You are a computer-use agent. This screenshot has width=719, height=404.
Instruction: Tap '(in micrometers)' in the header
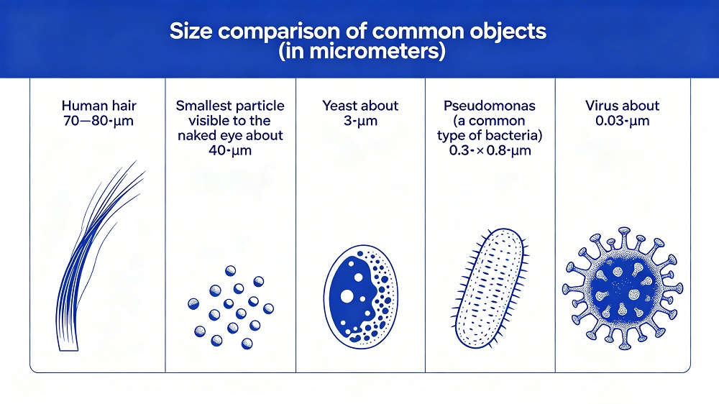(362, 51)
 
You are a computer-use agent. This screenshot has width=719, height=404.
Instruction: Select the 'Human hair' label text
(99, 106)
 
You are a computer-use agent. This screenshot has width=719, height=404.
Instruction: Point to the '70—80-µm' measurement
(98, 121)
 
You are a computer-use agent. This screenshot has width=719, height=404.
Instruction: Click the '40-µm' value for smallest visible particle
(230, 150)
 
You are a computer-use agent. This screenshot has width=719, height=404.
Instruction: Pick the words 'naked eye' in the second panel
(211, 136)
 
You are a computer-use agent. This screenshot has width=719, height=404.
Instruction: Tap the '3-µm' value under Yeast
(360, 121)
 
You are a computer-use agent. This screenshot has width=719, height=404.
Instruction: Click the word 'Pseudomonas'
(489, 106)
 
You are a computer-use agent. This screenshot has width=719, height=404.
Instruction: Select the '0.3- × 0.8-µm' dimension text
(490, 150)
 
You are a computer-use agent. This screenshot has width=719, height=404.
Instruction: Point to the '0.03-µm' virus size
(622, 121)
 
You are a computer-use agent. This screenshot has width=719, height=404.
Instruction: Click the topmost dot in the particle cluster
(231, 270)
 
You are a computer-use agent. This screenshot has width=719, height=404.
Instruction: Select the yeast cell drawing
(361, 297)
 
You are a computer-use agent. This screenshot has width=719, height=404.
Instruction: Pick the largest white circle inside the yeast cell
(347, 296)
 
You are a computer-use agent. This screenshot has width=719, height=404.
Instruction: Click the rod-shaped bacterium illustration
(490, 288)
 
